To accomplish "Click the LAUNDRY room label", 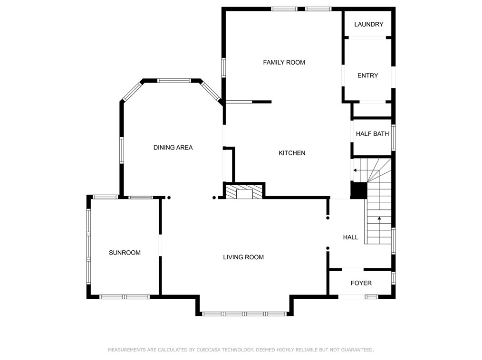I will (x=368, y=24).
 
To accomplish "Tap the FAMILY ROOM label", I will (x=284, y=62).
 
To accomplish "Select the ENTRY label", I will (x=367, y=76).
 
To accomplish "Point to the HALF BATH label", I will (x=372, y=134).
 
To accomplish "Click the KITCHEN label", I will (x=291, y=153).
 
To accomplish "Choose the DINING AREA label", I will (x=173, y=148).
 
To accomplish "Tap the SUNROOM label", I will (x=125, y=253).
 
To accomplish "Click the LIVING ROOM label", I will (x=243, y=257).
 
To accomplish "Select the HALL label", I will (x=350, y=237).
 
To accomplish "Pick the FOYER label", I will (x=361, y=283).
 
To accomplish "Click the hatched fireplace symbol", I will (x=244, y=192).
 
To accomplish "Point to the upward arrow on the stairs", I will (x=379, y=219).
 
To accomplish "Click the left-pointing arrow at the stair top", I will (x=355, y=170).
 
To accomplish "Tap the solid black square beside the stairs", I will (x=359, y=190).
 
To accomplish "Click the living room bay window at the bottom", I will (x=244, y=314).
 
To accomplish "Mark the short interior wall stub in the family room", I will (x=261, y=102).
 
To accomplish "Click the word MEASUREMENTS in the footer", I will (x=127, y=350).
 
